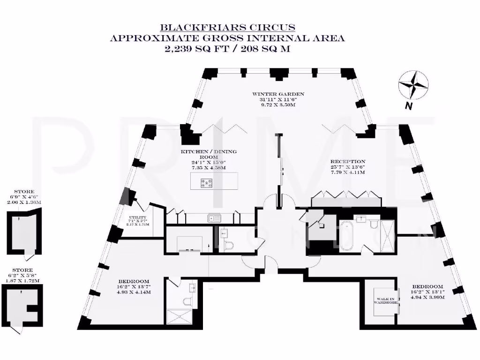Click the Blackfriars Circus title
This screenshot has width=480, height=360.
coord(227,27)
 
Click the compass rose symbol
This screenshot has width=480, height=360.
coord(412,85)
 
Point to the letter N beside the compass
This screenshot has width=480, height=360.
coord(409,106)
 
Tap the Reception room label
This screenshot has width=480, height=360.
coord(347,161)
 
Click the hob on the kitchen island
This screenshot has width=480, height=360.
coord(205,185)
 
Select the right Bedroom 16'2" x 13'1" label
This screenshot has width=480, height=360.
coord(427,286)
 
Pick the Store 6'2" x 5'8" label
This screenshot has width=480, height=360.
coord(23,270)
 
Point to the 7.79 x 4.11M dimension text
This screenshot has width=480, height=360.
coord(347,172)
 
